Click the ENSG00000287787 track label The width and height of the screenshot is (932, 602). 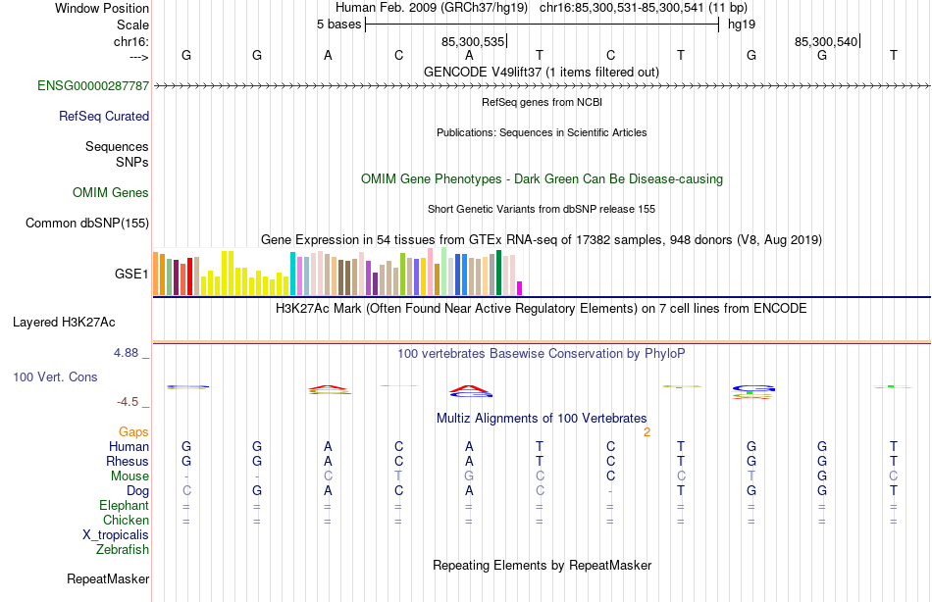pos(93,86)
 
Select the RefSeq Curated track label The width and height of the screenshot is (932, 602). pos(104,117)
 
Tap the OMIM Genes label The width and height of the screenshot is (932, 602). pos(111,193)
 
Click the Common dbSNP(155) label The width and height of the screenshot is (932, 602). pos(87,224)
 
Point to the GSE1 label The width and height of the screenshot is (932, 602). pos(131,275)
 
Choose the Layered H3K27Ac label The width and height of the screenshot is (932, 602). pos(64,322)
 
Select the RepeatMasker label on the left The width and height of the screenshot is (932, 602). pos(108,579)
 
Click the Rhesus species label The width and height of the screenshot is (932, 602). pos(129,462)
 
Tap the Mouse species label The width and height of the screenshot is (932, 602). pos(130,477)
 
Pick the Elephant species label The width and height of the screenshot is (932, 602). pos(125,506)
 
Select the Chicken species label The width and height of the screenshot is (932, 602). pos(127,521)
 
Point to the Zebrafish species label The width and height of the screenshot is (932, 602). pos(123,550)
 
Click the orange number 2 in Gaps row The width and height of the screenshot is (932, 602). pos(647,432)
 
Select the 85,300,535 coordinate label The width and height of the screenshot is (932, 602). pos(473,41)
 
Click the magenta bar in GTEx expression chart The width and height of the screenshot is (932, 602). pos(520,288)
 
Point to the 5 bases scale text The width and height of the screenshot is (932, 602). pos(338,25)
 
